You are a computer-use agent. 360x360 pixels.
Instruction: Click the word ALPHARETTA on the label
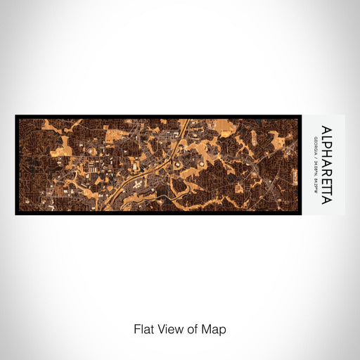tap(327, 165)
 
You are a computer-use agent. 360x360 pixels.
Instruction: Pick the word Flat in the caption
tap(143, 329)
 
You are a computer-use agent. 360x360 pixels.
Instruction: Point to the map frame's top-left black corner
tap(17, 117)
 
